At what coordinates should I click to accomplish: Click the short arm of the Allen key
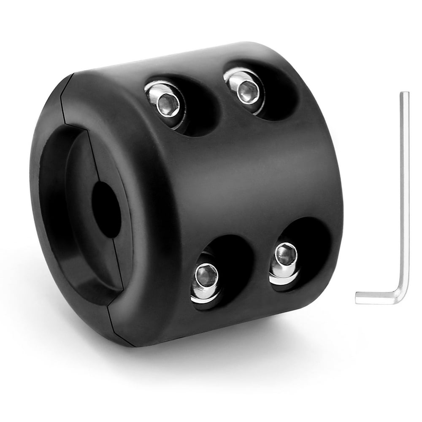click(376, 298)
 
